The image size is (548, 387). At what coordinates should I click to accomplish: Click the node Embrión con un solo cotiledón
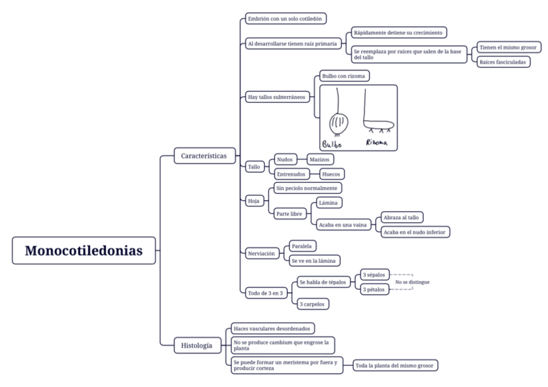point(286,19)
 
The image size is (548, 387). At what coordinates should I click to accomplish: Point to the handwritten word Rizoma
point(377,142)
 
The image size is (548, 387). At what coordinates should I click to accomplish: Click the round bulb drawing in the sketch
point(337,121)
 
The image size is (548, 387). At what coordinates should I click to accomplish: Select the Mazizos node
point(320,159)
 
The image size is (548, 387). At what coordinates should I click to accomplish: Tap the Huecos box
point(332,174)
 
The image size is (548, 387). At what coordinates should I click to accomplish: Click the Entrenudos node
point(291,174)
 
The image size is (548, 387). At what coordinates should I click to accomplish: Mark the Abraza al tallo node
point(401,218)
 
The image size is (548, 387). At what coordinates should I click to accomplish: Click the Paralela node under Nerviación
point(302,246)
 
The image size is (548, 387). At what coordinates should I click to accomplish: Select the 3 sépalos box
point(375,275)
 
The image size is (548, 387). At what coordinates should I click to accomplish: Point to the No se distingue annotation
point(412,282)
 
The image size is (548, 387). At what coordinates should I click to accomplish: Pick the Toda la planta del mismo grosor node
point(395,366)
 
